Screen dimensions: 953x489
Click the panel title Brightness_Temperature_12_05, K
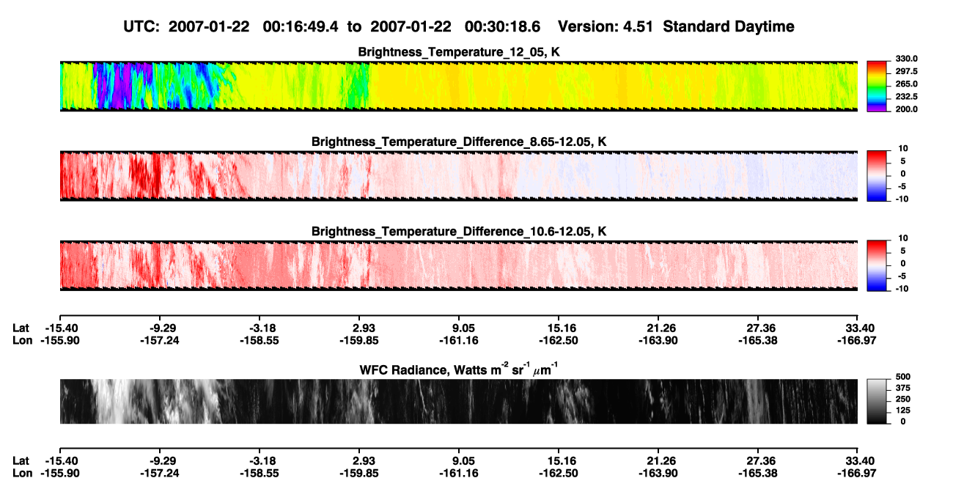[459, 52]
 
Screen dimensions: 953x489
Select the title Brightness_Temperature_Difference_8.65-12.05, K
[459, 141]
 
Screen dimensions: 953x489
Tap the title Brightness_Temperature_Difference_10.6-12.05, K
[459, 232]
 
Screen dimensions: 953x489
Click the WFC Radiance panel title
[459, 369]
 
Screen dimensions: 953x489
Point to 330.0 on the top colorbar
[906, 59]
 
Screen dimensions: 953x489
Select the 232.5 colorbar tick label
[906, 97]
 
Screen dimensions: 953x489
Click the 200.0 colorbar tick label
[906, 109]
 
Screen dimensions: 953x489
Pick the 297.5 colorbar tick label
[906, 72]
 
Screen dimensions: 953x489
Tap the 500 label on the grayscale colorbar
[903, 377]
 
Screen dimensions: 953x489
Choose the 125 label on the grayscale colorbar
[903, 411]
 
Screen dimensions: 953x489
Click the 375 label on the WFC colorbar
[903, 388]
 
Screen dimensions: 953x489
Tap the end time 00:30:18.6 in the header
[502, 26]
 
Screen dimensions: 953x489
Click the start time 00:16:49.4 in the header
[301, 26]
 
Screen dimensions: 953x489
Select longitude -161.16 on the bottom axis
[459, 474]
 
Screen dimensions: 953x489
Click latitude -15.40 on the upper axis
[62, 328]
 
